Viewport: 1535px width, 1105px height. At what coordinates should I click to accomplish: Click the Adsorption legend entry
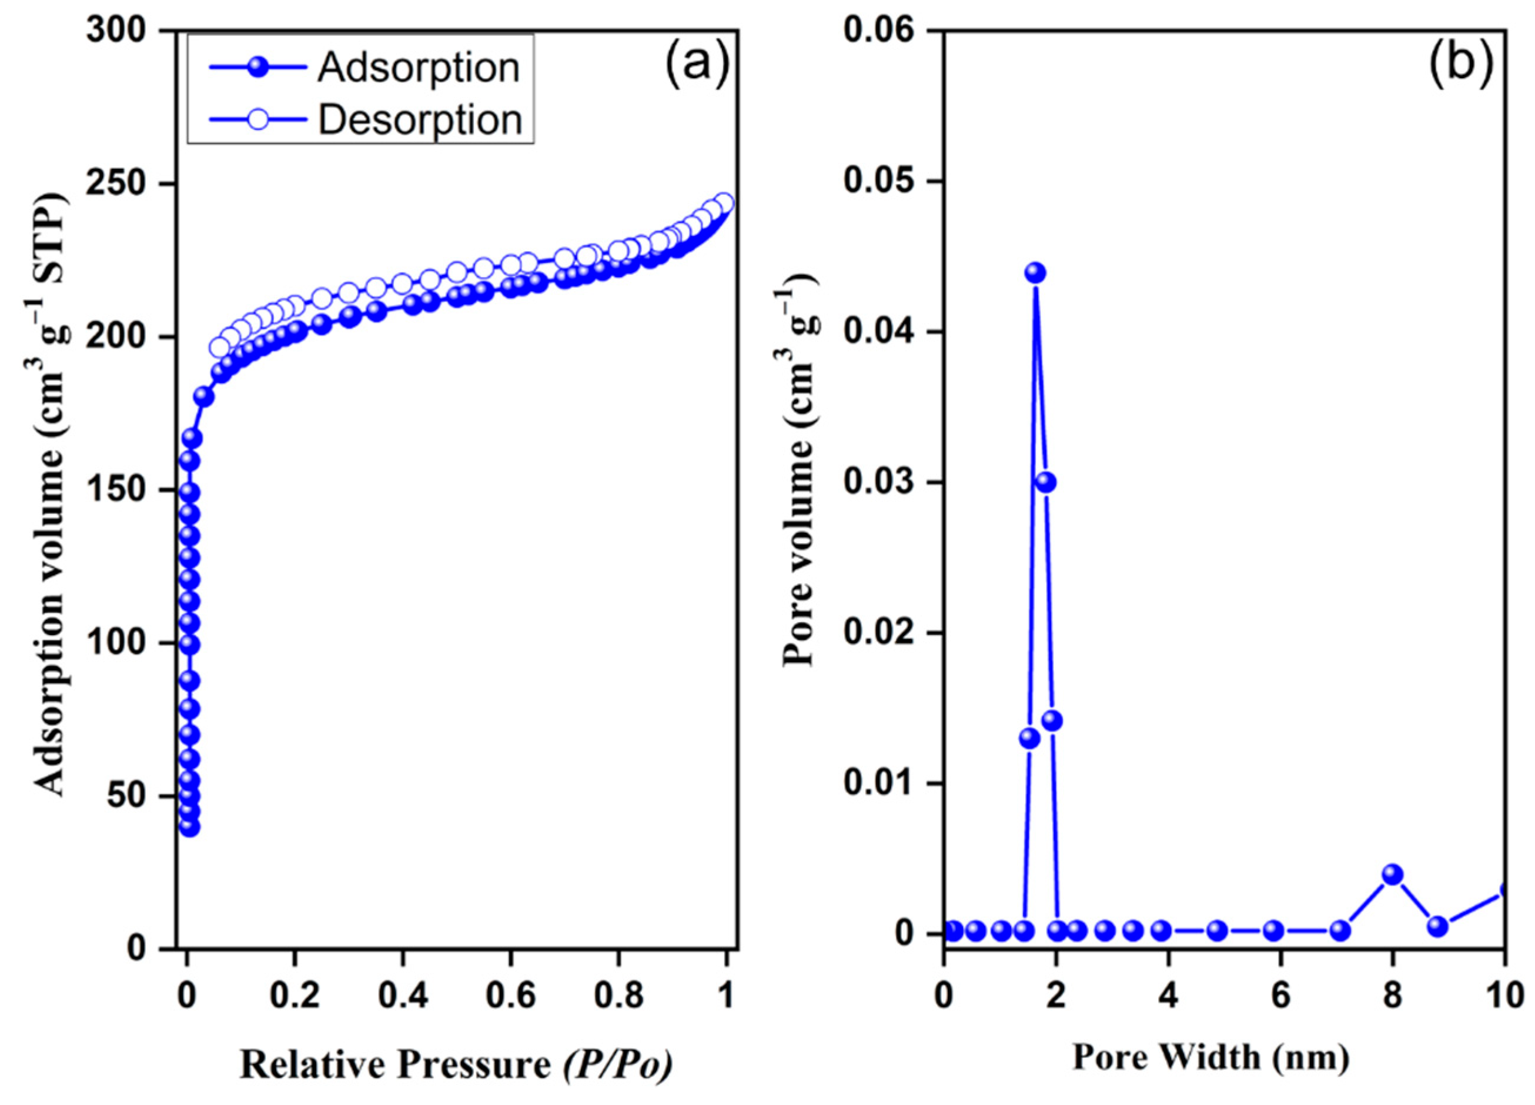[366, 68]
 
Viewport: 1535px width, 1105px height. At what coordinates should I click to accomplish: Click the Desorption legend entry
[366, 121]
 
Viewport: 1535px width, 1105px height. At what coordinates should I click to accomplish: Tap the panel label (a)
[697, 68]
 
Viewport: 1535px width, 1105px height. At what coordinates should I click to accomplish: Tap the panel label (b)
[1460, 68]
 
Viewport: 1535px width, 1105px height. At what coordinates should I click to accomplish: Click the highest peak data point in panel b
[1035, 273]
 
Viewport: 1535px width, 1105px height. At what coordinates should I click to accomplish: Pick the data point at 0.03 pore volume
[1046, 482]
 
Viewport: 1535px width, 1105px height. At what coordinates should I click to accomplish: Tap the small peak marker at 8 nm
[1392, 874]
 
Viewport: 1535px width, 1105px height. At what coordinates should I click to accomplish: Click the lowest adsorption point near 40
[189, 827]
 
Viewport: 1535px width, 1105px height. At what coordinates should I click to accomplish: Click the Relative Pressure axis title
[456, 1065]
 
